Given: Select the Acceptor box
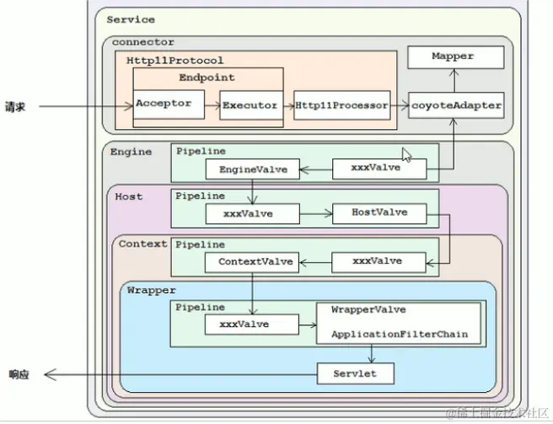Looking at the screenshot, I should pos(164,105).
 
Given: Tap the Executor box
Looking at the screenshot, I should pos(250,106).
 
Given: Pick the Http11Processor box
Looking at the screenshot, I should pos(341,106).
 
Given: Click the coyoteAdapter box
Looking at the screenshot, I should pos(456,106).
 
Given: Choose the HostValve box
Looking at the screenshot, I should pos(381,213).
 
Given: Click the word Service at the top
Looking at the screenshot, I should pos(131,19).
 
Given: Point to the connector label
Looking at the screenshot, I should pos(142,42).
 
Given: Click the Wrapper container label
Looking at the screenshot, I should pos(151,290).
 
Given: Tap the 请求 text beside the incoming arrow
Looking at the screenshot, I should pos(15,107).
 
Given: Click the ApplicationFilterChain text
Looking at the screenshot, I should pos(399,335).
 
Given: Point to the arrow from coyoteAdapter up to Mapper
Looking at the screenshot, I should pos(455,80).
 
